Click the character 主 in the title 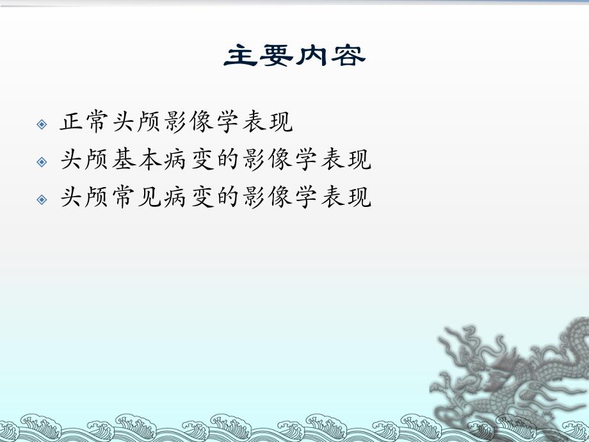click(241, 56)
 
